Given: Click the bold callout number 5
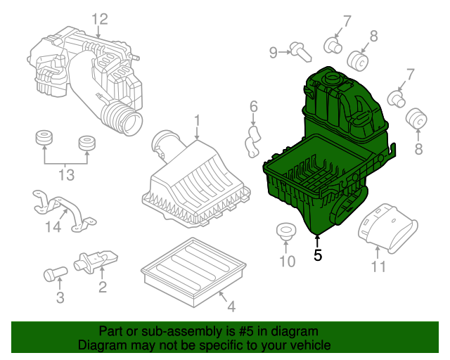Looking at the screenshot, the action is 318,255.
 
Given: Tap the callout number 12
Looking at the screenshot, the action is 100,19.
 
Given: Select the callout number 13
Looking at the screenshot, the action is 66,175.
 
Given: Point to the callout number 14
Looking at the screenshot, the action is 53,226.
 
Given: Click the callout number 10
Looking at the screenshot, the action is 288,262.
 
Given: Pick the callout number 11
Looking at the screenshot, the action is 379,266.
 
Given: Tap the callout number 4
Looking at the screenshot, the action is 231,307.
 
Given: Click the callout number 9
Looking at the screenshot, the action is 274,53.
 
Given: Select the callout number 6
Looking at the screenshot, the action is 254,106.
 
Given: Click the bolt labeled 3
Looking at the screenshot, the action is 55,274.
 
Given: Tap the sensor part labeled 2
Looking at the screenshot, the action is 96,262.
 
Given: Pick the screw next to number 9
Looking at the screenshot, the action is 300,52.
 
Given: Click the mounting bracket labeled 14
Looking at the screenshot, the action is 63,210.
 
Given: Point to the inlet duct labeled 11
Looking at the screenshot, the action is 388,229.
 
